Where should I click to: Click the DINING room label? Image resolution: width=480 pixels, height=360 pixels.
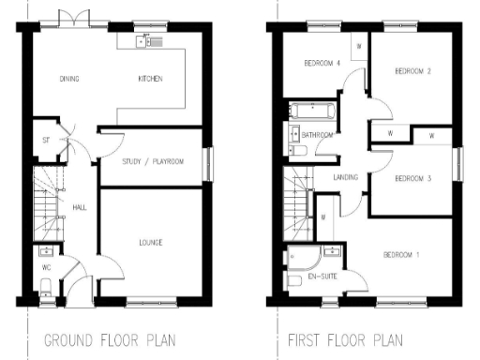pos(67,79)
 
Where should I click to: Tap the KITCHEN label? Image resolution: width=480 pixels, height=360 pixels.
pos(151,79)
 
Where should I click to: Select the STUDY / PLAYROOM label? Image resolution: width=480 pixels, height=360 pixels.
pos(153,162)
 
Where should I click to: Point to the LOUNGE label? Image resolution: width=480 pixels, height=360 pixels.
pos(150,243)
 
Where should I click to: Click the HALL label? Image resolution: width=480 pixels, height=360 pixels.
pos(80,207)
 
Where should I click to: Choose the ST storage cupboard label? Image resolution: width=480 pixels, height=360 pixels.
pos(44,141)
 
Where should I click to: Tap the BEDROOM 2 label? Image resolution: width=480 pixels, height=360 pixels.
pos(412,71)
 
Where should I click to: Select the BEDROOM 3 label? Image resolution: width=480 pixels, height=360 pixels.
pos(412,178)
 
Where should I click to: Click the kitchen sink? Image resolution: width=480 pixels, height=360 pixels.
pos(146,40)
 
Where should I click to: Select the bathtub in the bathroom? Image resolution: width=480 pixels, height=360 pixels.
pos(309,111)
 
